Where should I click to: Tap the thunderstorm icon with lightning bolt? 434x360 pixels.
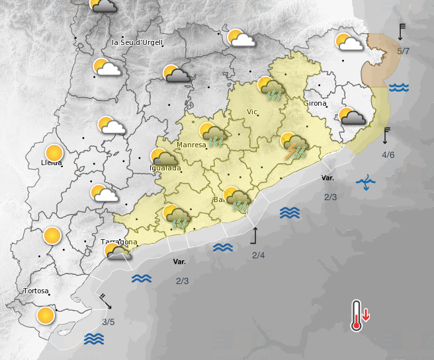[294, 146]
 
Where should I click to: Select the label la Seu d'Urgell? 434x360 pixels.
[138, 42]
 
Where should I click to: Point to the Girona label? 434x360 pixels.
[315, 104]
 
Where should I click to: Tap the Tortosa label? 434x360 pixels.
[36, 291]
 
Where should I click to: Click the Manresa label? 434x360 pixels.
[191, 145]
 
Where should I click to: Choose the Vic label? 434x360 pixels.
[251, 112]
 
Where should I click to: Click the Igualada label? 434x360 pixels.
[165, 168]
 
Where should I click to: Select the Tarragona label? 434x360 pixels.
[119, 242]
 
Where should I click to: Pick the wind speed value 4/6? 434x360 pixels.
[388, 155]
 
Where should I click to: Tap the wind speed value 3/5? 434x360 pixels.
[108, 322]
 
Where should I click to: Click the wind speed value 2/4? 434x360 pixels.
[258, 256]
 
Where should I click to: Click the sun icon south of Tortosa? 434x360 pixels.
[46, 315]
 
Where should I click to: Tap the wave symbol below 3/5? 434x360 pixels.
[95, 339]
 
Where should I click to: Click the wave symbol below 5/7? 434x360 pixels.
[398, 87]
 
